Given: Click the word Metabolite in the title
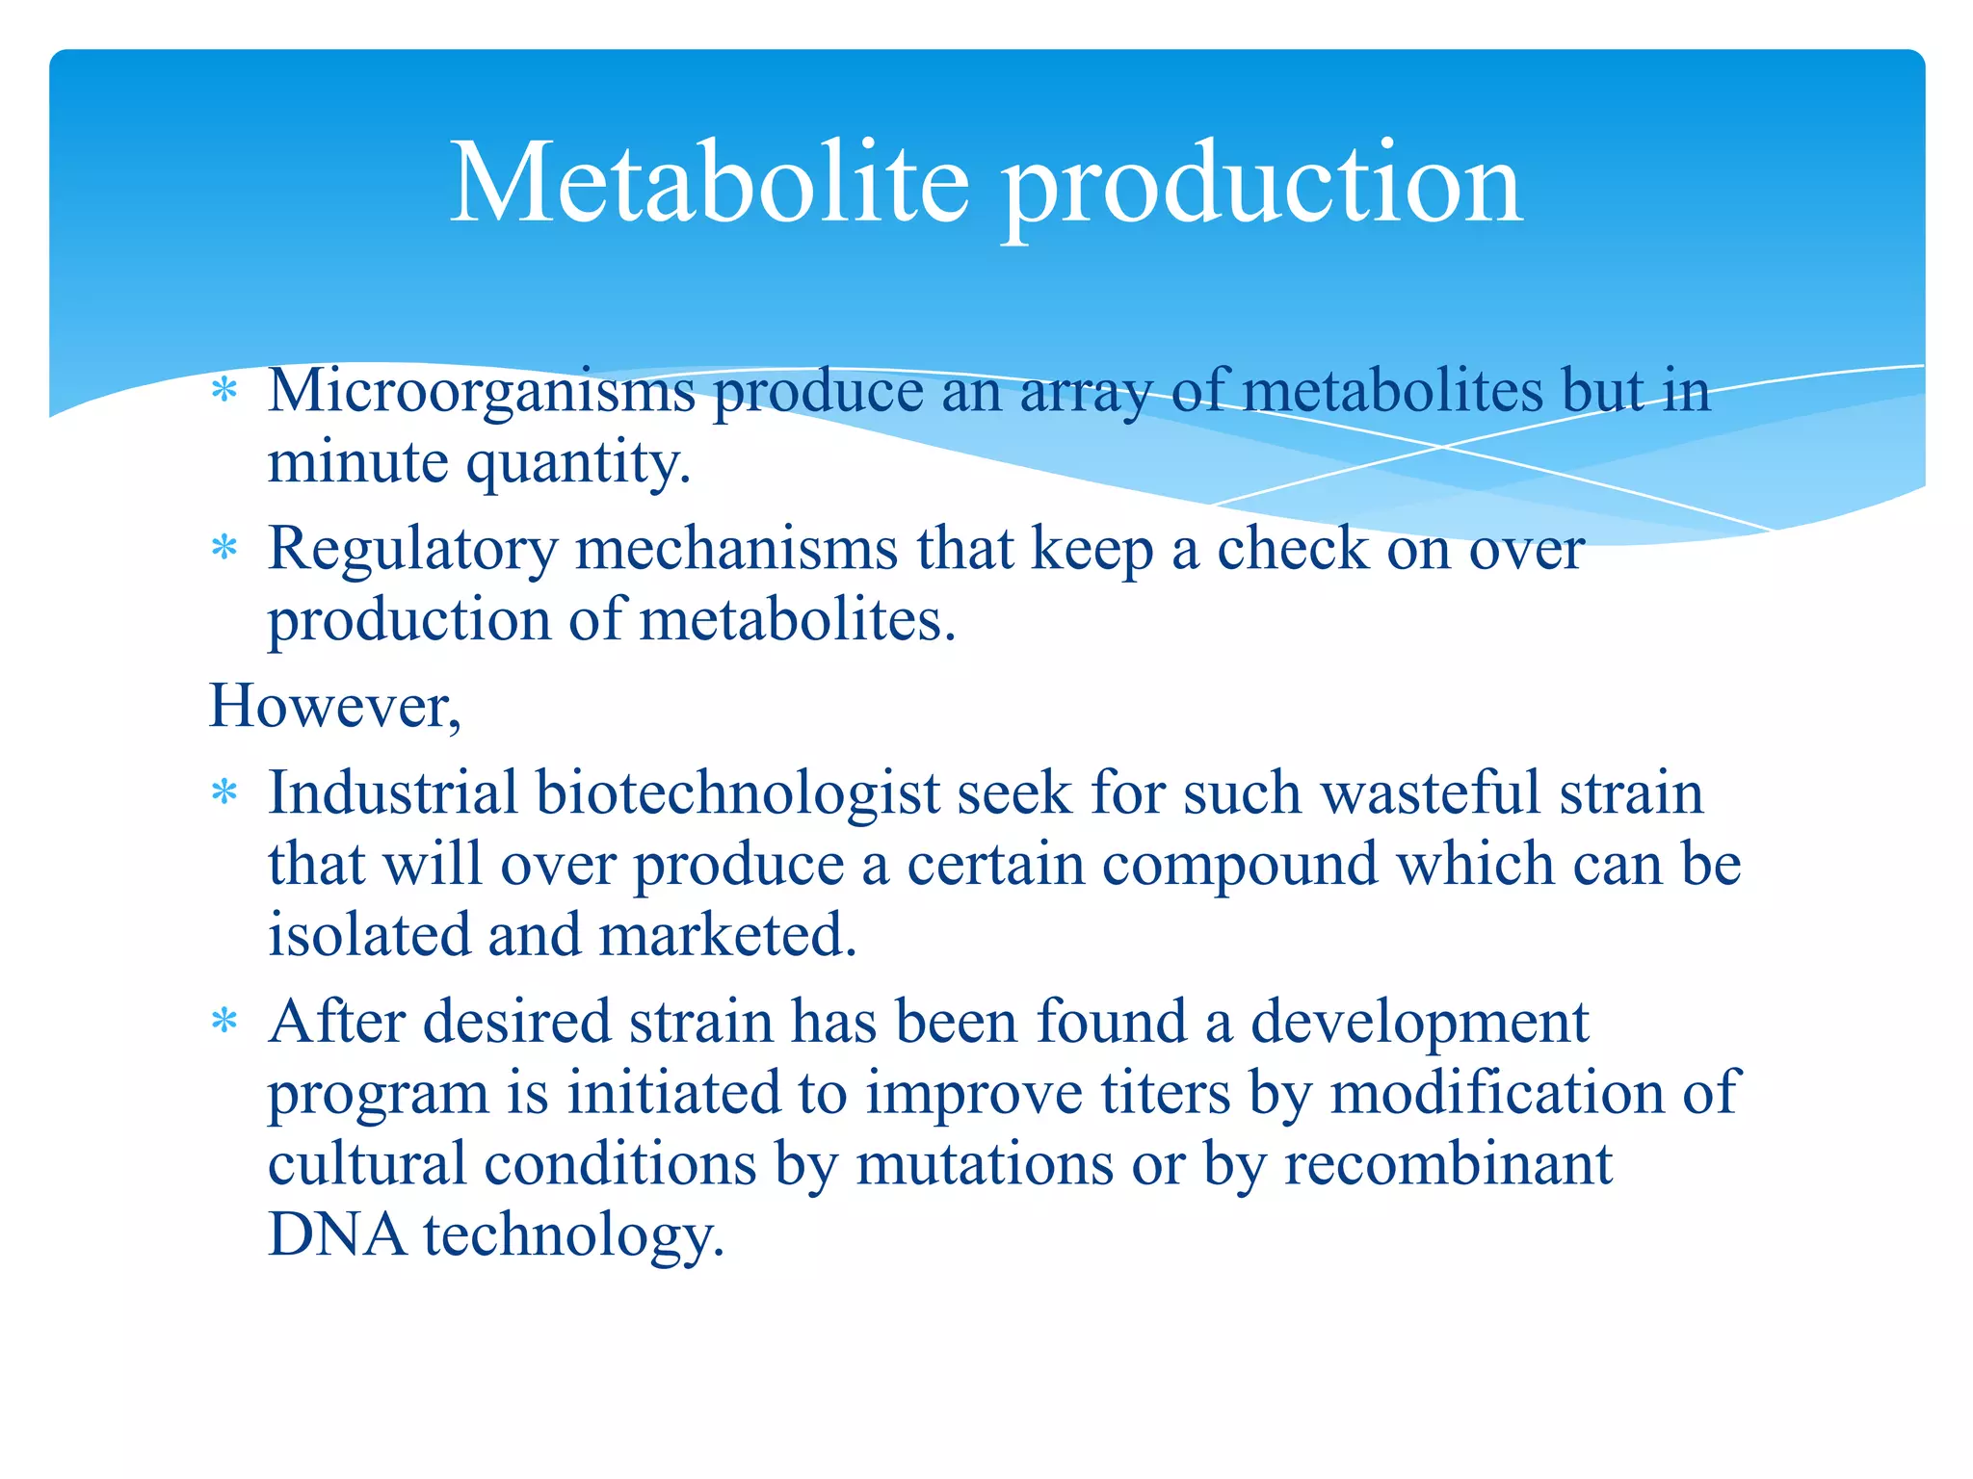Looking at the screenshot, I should [x=709, y=183].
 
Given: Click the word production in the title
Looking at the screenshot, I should [x=1261, y=188].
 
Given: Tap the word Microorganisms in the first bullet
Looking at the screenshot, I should [x=481, y=393].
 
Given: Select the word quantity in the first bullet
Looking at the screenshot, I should [x=578, y=465].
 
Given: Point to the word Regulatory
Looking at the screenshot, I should [x=412, y=551].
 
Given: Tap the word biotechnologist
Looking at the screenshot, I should [x=737, y=795].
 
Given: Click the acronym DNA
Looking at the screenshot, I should [x=337, y=1234].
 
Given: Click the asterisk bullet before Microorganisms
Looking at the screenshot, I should [x=224, y=391].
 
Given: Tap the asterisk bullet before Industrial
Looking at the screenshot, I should [x=224, y=793].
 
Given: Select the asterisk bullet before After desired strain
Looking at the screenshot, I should [x=224, y=1021].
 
